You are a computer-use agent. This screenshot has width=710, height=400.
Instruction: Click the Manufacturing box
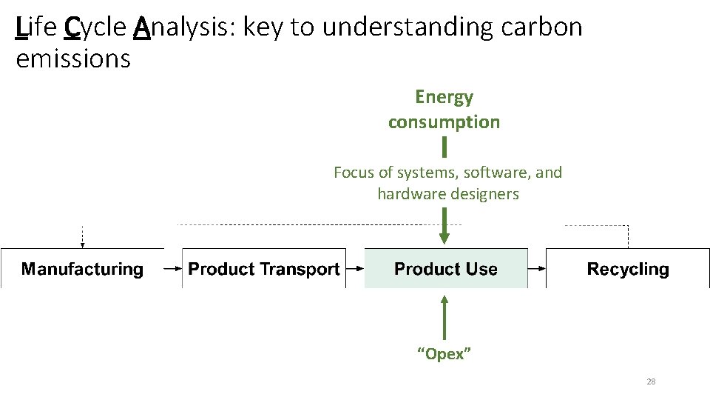coord(82,269)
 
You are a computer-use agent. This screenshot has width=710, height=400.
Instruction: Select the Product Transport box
coord(263,269)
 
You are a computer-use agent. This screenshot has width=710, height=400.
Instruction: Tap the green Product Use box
coord(446,269)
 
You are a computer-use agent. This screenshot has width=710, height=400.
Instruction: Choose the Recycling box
coord(627,269)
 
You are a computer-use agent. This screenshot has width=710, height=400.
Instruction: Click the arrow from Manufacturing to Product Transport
coord(173,269)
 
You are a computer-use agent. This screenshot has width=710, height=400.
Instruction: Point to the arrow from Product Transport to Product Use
coord(355,269)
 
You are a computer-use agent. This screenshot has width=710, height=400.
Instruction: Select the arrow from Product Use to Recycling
coord(537,269)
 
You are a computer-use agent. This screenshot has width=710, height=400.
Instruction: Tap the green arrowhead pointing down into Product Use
coord(444,238)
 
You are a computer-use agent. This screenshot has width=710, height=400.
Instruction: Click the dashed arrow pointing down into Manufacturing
coord(83,237)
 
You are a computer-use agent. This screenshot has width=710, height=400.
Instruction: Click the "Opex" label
coord(444,354)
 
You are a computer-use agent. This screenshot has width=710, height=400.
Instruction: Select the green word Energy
coord(444,97)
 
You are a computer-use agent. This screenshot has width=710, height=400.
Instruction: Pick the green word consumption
coord(444,122)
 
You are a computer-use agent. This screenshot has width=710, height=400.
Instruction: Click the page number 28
coord(651,381)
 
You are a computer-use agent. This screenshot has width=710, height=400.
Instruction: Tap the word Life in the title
coord(36,28)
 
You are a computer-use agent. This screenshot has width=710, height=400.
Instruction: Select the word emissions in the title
coord(73,58)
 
